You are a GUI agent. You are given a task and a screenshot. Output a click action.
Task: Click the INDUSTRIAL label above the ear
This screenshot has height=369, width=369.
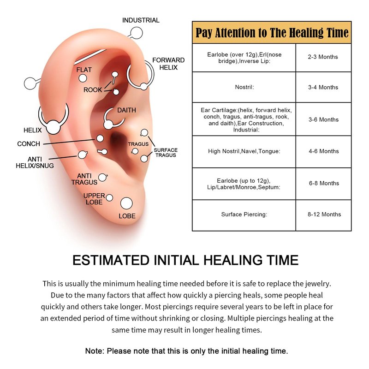coord(141,20)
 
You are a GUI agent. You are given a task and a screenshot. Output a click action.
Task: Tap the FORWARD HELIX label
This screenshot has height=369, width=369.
coord(168,64)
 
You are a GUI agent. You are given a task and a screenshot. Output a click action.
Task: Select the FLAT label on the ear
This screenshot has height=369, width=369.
coord(84,70)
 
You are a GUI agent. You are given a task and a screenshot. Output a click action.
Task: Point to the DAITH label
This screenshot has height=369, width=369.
coord(126,110)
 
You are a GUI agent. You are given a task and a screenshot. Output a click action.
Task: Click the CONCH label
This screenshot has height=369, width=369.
coord(29,144)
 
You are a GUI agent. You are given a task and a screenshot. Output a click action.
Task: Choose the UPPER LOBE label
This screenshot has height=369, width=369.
coord(94,199)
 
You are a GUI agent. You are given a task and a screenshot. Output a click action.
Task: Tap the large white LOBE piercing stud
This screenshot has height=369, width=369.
coord(126,203)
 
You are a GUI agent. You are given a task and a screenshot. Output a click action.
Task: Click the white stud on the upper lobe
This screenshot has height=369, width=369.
coord(109,198)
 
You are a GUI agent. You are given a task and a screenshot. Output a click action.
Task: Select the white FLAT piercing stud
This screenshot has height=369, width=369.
coord(83,78)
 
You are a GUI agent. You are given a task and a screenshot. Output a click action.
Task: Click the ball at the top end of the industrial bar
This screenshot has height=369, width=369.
coord(136,32)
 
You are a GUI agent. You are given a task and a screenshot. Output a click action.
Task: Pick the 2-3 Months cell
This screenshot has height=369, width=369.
coord(323,57)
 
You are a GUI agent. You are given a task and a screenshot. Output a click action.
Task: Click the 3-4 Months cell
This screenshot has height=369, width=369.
coord(323,87)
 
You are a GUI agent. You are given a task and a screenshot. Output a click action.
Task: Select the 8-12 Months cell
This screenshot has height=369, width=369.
coord(323,214)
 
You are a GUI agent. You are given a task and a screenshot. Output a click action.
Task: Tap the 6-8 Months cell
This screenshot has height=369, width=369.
coord(323,183)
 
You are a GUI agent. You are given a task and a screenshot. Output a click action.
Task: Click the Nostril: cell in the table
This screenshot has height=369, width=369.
coord(244,87)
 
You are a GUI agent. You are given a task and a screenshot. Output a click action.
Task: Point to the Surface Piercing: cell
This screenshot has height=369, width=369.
coord(244,214)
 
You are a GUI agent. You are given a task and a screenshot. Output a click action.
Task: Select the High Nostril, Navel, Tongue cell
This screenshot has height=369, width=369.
coord(244,151)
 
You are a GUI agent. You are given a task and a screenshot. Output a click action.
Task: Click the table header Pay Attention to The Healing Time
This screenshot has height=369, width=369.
coord(272,33)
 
